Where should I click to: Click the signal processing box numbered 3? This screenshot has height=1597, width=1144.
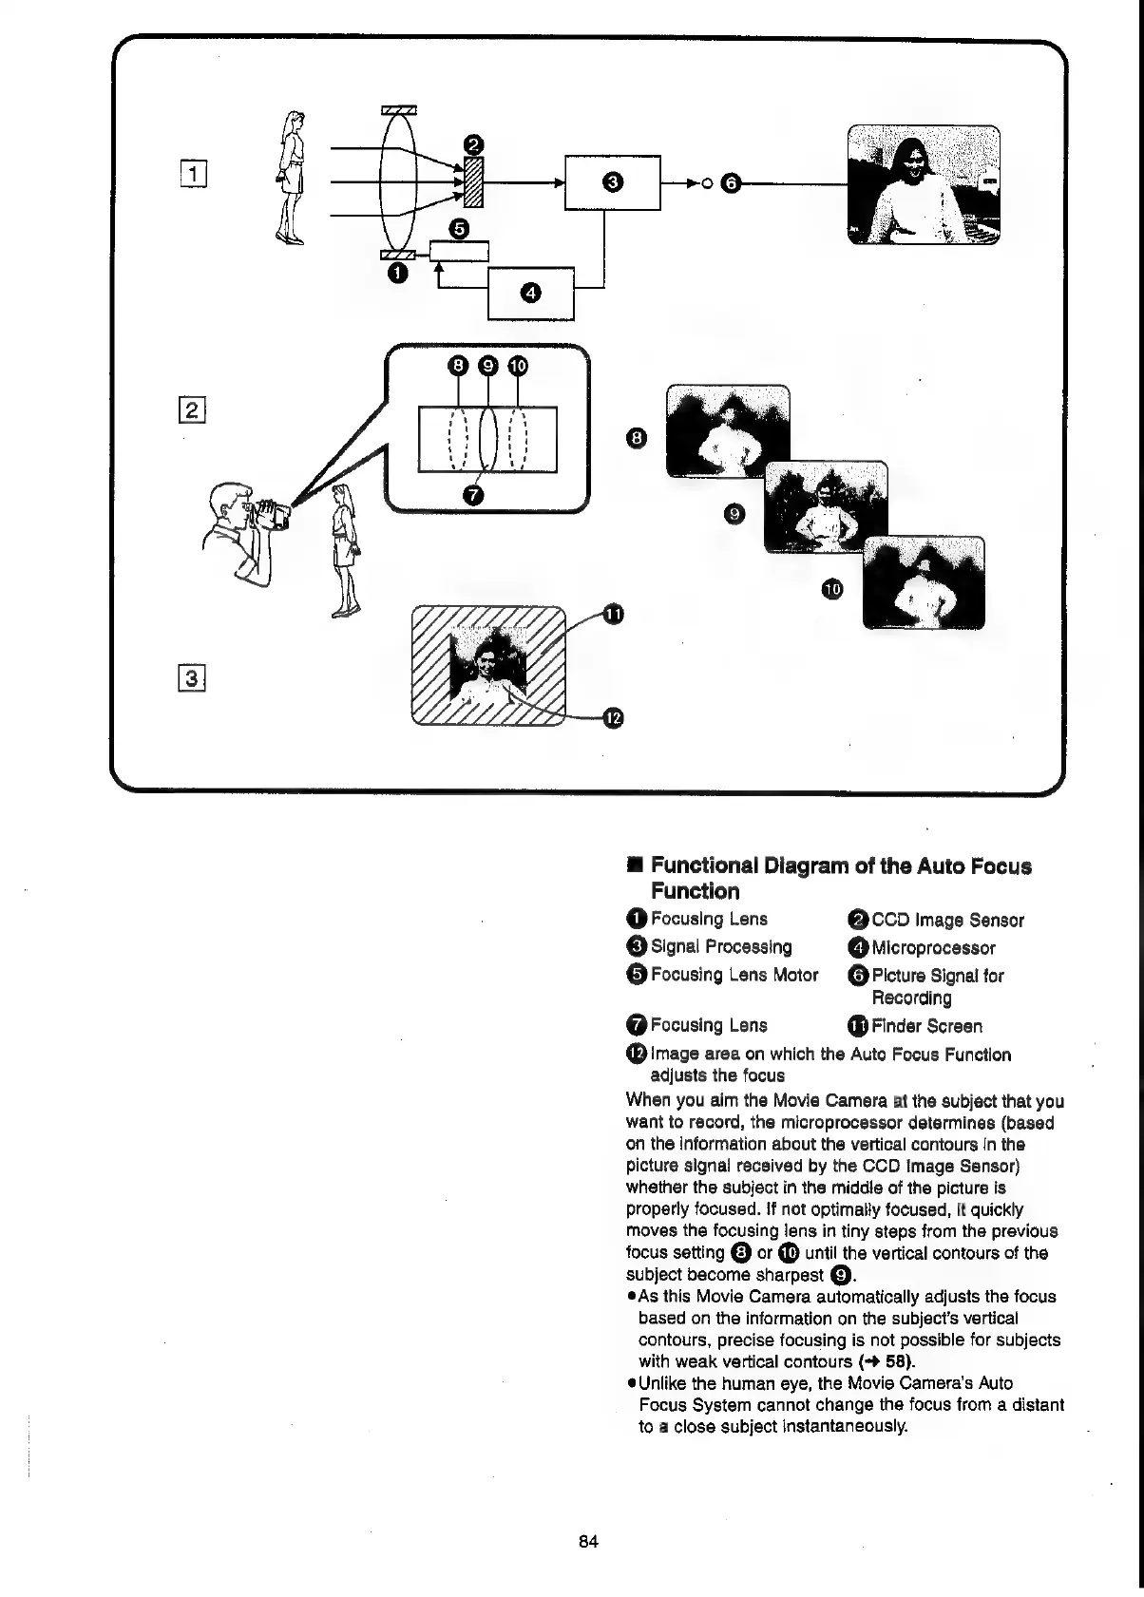coord(613,181)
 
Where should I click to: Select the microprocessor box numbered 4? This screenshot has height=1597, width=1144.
coord(530,293)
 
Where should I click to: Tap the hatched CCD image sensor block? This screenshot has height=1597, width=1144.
coord(474,182)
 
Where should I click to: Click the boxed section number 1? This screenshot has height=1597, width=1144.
coord(195,173)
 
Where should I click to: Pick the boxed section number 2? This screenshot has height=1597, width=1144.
coord(193,410)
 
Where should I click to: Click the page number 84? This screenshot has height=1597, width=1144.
coord(588,1541)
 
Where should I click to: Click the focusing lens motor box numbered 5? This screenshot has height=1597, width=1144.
coord(459,251)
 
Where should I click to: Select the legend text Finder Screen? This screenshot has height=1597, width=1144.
coord(926,1026)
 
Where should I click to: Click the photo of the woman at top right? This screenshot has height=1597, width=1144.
coord(924,185)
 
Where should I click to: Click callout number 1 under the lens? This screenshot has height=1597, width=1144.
coord(397,274)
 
